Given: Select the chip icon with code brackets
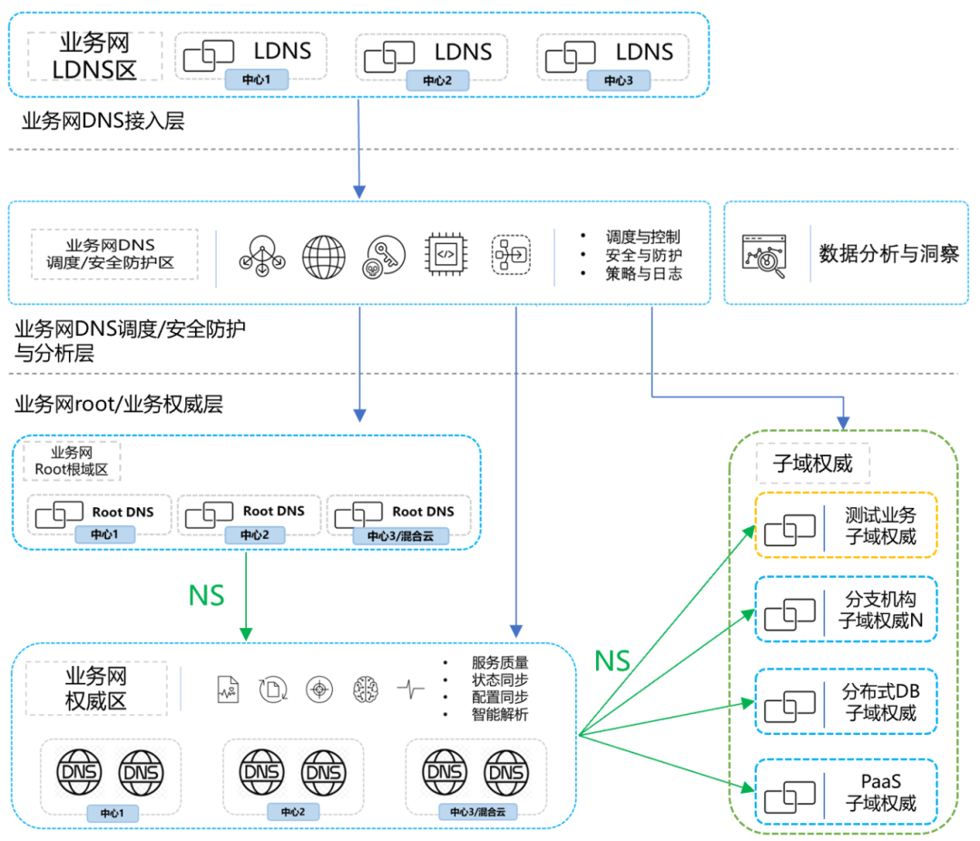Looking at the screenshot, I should (445, 254).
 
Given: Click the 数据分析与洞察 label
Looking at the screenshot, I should (888, 253).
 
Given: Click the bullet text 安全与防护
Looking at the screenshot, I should (643, 255).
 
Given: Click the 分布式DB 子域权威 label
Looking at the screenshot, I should (880, 702).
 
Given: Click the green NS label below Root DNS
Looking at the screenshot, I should (206, 595).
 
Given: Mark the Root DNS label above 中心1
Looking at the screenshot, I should (122, 512).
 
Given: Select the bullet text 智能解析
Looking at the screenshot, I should (499, 714).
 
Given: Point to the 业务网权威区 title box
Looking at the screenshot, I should (96, 689).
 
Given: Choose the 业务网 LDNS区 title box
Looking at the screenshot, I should (94, 56).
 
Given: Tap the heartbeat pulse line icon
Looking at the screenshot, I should (410, 689).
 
